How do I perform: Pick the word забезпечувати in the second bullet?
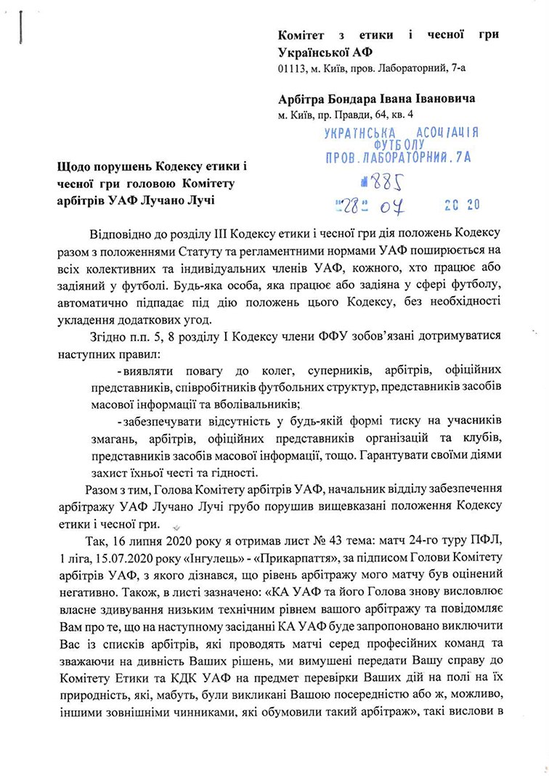click(x=163, y=421)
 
